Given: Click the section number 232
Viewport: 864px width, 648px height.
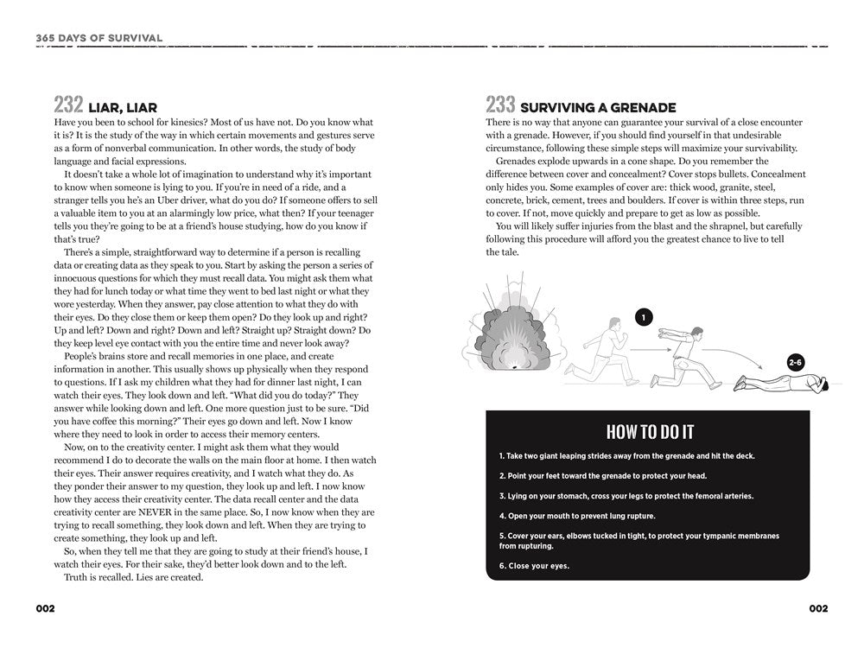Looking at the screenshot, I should [68, 105].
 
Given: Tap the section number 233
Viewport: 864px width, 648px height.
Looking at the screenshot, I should [500, 105].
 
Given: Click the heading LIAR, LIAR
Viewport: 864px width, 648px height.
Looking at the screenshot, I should [123, 108].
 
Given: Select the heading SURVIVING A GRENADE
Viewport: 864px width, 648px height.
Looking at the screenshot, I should [598, 108].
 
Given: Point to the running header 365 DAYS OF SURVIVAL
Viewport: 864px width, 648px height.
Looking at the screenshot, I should [99, 38].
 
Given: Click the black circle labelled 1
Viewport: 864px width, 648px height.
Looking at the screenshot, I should [643, 317].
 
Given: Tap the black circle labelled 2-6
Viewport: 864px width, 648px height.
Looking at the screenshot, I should [795, 362].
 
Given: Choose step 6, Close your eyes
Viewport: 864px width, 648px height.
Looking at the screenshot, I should [535, 567].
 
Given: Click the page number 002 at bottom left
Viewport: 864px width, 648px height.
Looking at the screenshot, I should [45, 608].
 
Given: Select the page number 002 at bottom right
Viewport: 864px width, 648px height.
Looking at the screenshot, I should [818, 608].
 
